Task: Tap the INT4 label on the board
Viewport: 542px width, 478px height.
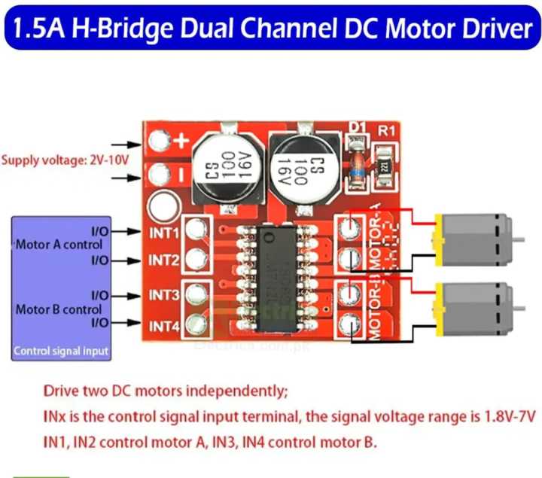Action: click(x=163, y=326)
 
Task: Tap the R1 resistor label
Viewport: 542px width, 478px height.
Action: click(x=387, y=130)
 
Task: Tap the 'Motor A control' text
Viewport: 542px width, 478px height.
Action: click(x=59, y=245)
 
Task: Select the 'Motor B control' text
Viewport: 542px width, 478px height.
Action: click(x=59, y=309)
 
